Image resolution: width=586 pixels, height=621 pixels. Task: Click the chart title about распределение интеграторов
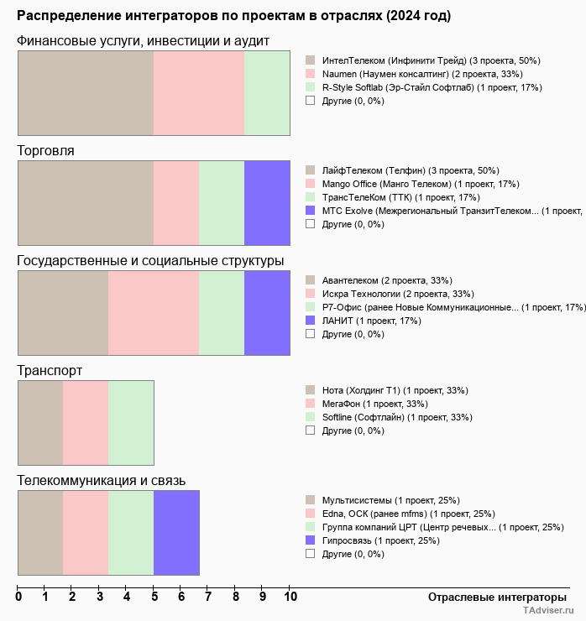coord(233,16)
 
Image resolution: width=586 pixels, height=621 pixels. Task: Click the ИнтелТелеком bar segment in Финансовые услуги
coord(86,93)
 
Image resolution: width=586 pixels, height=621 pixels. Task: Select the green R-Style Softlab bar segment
coord(267,93)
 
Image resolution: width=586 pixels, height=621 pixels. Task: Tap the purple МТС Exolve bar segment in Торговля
coord(267,203)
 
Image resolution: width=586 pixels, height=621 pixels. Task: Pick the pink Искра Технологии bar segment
coord(154,313)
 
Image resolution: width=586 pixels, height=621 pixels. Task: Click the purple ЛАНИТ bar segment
coord(267,313)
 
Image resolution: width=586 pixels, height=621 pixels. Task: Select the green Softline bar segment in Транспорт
coord(131,423)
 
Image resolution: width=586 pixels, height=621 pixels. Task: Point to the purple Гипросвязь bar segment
coord(176,533)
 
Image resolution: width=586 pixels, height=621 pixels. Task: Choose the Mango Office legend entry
coord(411,184)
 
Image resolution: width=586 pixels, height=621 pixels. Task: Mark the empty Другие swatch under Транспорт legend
coord(310,431)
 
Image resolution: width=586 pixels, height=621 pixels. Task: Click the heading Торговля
coord(45,151)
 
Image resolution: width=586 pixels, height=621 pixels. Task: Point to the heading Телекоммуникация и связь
coord(102,481)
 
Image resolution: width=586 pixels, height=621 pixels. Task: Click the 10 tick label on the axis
coord(290,597)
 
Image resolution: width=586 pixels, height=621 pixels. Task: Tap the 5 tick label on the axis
coord(154,597)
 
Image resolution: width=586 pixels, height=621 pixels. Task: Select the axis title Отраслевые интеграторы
coord(492,597)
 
